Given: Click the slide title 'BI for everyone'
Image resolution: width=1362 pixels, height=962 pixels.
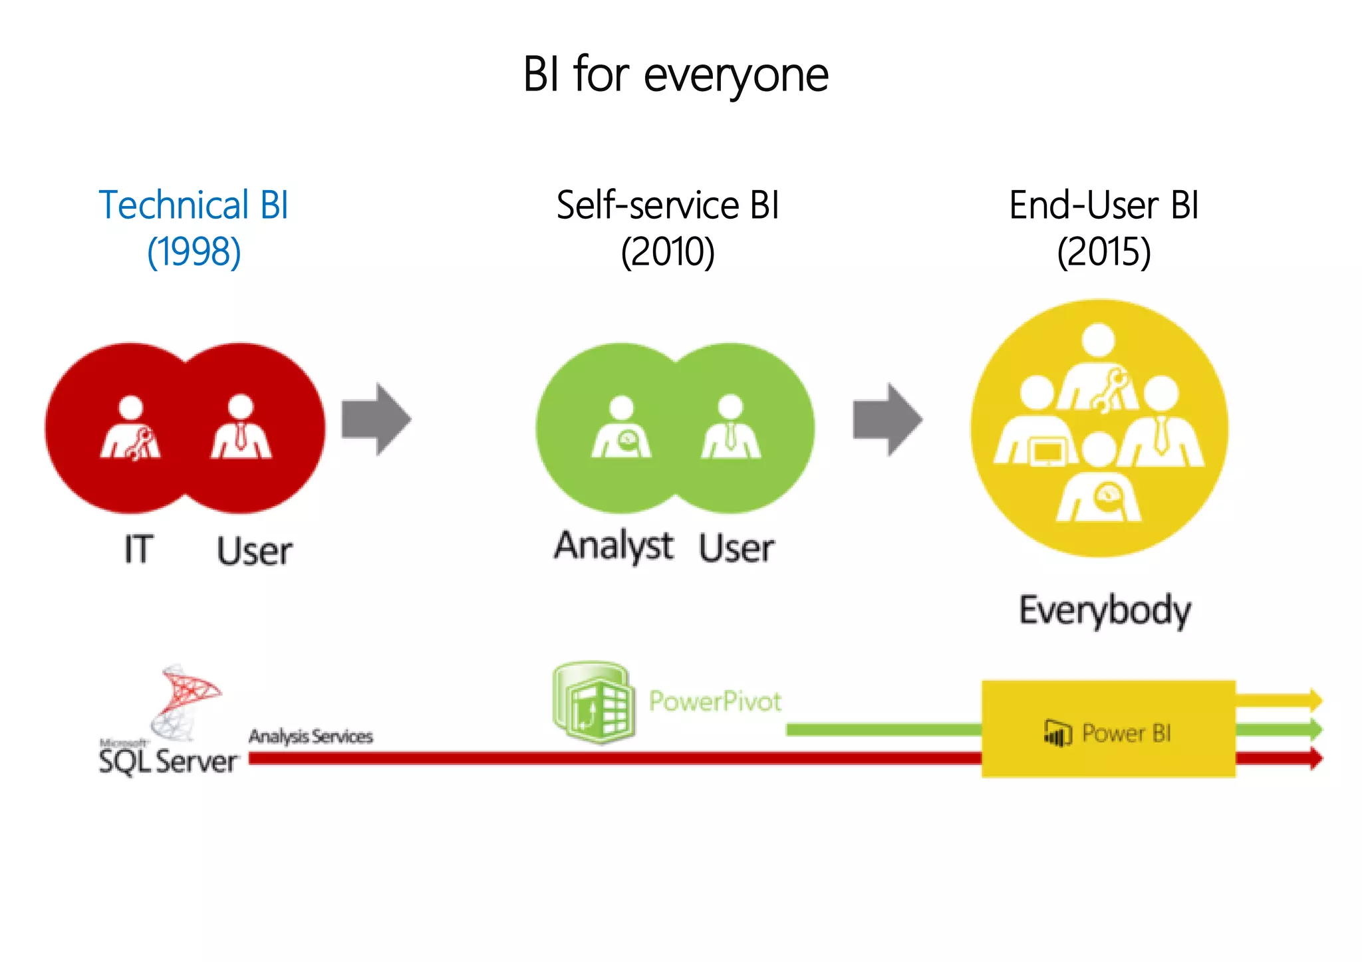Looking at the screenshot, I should [676, 74].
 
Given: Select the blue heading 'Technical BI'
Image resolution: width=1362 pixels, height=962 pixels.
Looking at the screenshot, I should [194, 205].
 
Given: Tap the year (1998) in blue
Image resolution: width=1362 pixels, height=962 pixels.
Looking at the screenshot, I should [194, 252].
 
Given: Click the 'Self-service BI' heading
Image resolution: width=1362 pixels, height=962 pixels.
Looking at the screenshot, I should [668, 205].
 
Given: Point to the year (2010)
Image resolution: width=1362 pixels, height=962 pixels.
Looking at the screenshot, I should [668, 252].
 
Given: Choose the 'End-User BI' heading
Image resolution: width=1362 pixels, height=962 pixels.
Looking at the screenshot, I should [1104, 205].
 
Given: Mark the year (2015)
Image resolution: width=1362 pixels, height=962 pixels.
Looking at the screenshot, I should [1104, 252].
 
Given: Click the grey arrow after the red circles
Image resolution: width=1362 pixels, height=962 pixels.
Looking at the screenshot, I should [376, 420].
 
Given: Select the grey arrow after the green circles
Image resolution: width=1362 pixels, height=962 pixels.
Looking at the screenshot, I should [887, 420].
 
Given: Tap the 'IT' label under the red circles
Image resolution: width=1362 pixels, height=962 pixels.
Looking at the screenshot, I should [138, 550].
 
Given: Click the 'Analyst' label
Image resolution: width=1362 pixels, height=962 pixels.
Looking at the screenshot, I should [614, 546].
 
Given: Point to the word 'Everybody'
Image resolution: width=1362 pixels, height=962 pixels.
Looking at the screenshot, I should [1105, 610].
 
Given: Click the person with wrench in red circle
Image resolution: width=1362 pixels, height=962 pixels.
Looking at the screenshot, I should [131, 429].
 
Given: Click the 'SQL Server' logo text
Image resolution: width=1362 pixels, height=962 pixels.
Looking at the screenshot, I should [168, 761].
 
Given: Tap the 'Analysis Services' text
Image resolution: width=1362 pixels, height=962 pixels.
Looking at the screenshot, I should [311, 737].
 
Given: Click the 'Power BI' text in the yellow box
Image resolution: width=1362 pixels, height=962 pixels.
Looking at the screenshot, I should [1126, 733].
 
